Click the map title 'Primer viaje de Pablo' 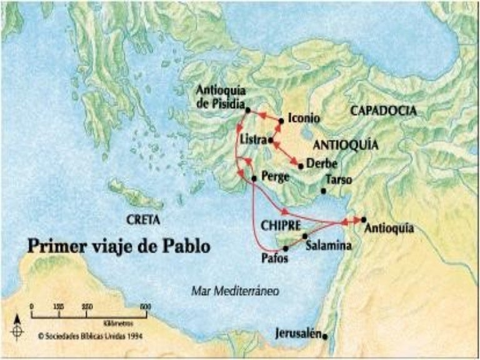[119, 245]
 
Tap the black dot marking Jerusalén [325, 336]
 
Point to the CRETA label [143, 220]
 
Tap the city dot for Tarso [323, 191]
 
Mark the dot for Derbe [301, 166]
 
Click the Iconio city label [305, 118]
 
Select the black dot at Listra [270, 141]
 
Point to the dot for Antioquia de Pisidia [248, 110]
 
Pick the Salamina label [328, 246]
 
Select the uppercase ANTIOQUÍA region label [346, 144]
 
